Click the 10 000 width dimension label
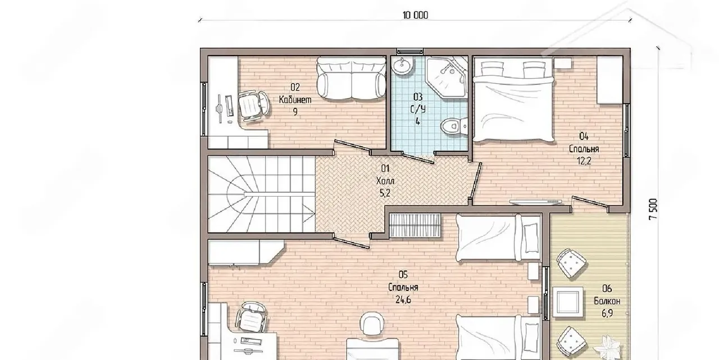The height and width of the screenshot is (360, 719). pyautogui.click(x=415, y=15)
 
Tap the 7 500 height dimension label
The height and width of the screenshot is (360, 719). pyautogui.click(x=653, y=209)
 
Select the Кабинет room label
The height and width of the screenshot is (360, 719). pyautogui.click(x=295, y=100)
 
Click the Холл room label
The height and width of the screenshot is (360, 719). pyautogui.click(x=385, y=181)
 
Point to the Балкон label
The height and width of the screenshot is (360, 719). pyautogui.click(x=607, y=301)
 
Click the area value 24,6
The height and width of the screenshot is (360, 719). pyautogui.click(x=403, y=300)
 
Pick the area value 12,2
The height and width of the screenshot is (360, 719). pyautogui.click(x=584, y=161)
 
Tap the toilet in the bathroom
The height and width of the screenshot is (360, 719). pyautogui.click(x=454, y=126)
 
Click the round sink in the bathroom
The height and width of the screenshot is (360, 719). pyautogui.click(x=401, y=66)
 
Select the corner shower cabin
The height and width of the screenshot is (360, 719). pyautogui.click(x=447, y=77)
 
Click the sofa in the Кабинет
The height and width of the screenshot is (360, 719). pyautogui.click(x=352, y=78)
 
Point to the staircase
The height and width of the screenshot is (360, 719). pyautogui.click(x=261, y=194)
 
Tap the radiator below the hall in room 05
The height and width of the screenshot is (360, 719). pyautogui.click(x=415, y=226)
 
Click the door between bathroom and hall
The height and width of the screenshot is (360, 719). pyautogui.click(x=418, y=158)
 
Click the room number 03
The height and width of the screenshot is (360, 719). pyautogui.click(x=417, y=97)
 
